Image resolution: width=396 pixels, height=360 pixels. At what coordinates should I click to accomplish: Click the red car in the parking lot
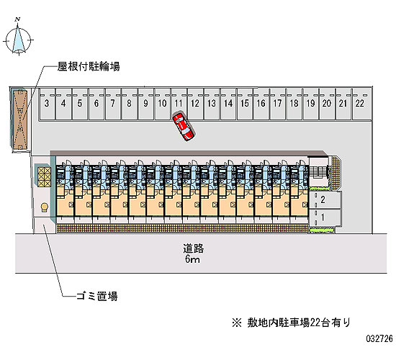(183, 127)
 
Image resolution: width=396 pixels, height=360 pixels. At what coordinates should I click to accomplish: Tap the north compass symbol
(18, 38)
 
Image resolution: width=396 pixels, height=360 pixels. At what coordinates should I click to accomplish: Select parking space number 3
(47, 104)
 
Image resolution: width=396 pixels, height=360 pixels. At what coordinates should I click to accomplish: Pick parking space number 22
(360, 104)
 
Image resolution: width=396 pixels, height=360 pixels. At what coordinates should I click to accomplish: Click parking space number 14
(228, 104)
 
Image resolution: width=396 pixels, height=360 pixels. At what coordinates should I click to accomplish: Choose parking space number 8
(130, 104)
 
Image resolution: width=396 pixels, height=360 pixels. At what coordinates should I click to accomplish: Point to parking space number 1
(325, 217)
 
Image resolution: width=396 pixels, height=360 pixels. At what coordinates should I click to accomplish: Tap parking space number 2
(325, 200)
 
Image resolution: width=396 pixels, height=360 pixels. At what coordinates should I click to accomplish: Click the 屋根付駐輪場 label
(89, 67)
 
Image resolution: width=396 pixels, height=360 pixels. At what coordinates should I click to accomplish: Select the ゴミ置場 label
(97, 296)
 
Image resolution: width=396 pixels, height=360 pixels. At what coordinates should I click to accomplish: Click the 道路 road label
(193, 248)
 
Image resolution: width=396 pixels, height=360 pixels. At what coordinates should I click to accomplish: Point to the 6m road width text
(192, 259)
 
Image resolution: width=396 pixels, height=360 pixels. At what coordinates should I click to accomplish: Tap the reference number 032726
(379, 338)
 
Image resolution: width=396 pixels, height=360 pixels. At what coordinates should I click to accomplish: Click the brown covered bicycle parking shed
(19, 119)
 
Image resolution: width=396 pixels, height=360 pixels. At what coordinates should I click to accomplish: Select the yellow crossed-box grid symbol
(44, 177)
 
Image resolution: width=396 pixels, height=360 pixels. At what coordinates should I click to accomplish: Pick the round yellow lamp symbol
(45, 207)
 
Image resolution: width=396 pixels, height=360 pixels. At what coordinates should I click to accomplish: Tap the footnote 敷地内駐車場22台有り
(291, 323)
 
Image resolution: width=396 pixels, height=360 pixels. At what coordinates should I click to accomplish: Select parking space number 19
(310, 104)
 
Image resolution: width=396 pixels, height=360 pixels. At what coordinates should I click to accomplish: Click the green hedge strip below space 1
(322, 230)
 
